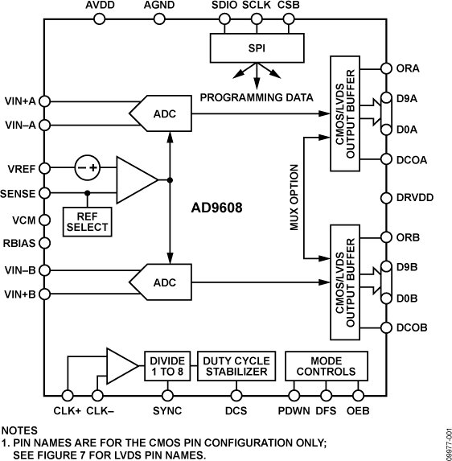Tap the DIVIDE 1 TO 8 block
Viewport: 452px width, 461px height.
[x=167, y=366]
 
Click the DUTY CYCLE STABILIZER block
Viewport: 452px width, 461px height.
[x=236, y=366]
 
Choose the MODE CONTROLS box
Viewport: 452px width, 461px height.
[x=326, y=366]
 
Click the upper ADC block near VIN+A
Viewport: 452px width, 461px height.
[x=167, y=113]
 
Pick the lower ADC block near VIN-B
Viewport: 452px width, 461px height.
[x=167, y=282]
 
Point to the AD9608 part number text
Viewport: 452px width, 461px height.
[x=216, y=206]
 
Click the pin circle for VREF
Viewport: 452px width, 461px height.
[x=47, y=168]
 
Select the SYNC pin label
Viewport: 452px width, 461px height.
[x=168, y=411]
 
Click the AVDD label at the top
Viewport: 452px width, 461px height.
[x=100, y=6]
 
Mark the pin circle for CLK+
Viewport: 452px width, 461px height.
[x=68, y=395]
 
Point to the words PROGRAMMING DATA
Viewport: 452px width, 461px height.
[x=257, y=98]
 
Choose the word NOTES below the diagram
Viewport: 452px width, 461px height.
[x=20, y=430]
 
